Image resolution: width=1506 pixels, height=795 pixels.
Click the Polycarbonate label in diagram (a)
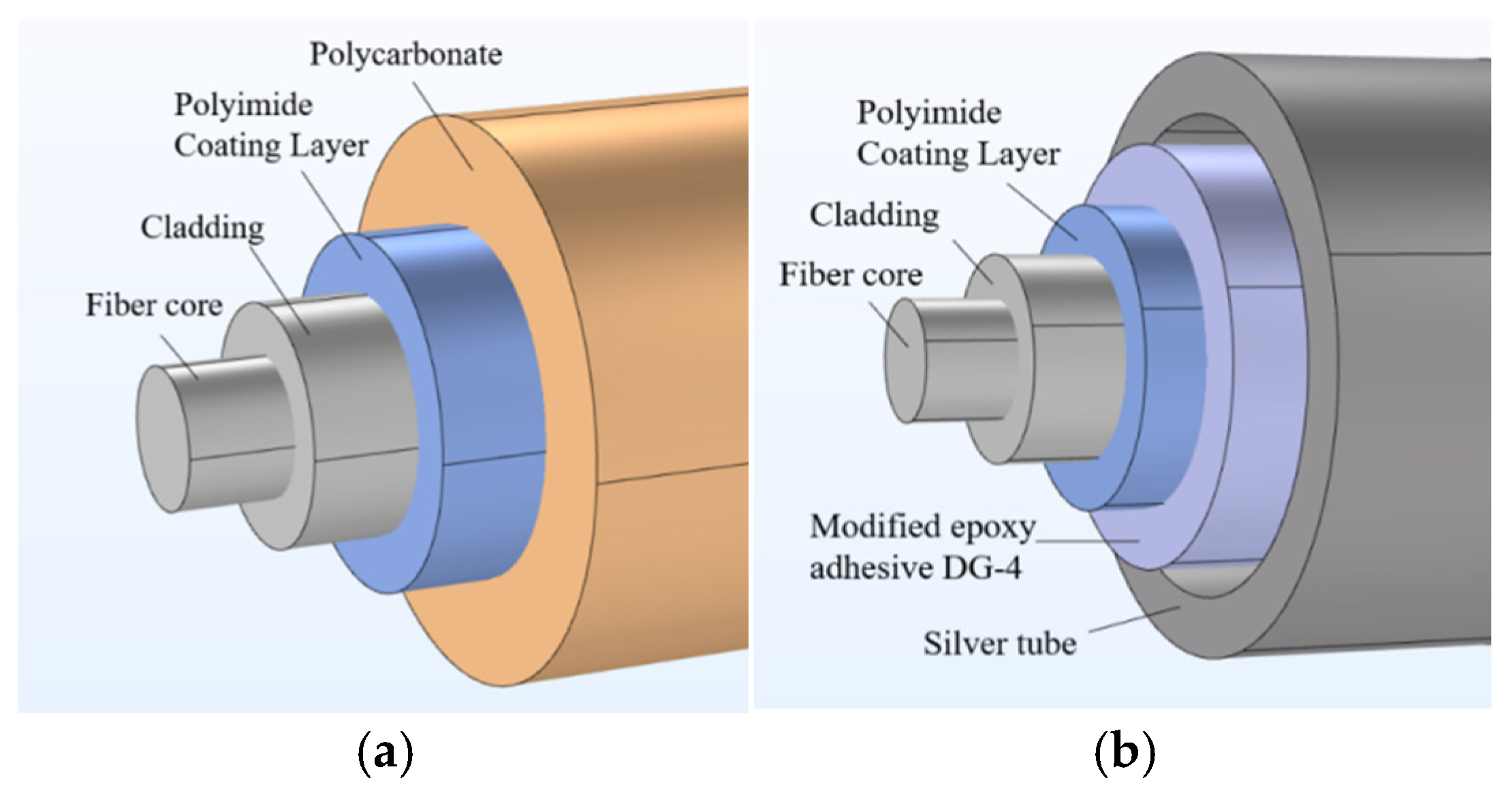(x=406, y=54)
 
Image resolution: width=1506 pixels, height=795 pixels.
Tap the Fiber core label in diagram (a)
(x=154, y=305)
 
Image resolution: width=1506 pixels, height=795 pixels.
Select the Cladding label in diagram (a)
(x=202, y=227)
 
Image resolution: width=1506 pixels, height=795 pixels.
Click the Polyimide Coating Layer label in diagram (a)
(x=270, y=126)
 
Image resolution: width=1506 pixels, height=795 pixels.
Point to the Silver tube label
(x=999, y=643)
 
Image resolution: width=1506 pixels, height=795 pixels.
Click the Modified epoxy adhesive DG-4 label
(x=921, y=547)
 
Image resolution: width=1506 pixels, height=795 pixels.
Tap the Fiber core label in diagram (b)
(x=851, y=275)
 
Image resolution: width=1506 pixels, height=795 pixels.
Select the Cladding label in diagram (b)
(x=874, y=215)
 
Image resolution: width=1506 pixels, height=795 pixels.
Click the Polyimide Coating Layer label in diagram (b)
(x=957, y=133)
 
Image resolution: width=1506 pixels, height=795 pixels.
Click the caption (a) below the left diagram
(x=385, y=751)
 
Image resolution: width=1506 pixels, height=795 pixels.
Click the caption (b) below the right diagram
(x=1125, y=751)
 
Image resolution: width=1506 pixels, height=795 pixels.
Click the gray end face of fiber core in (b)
(x=905, y=361)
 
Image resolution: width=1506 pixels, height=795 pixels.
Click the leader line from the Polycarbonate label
(x=443, y=126)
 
